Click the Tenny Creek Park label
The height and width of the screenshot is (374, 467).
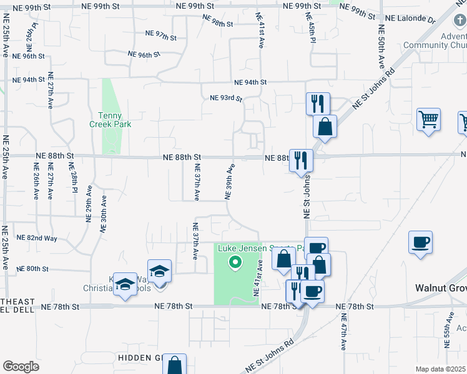[x=114, y=120]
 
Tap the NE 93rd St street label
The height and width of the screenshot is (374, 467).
[x=226, y=98]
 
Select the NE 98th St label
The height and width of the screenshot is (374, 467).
[x=219, y=23]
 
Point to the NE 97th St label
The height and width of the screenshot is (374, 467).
[x=160, y=36]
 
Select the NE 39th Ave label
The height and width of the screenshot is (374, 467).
[x=229, y=181]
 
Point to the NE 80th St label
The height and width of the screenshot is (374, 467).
[x=33, y=269]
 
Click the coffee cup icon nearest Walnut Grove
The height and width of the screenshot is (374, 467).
[x=420, y=242]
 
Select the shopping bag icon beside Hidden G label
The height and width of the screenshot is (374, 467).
[x=175, y=364]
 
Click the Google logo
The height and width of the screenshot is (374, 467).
[x=21, y=367]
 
